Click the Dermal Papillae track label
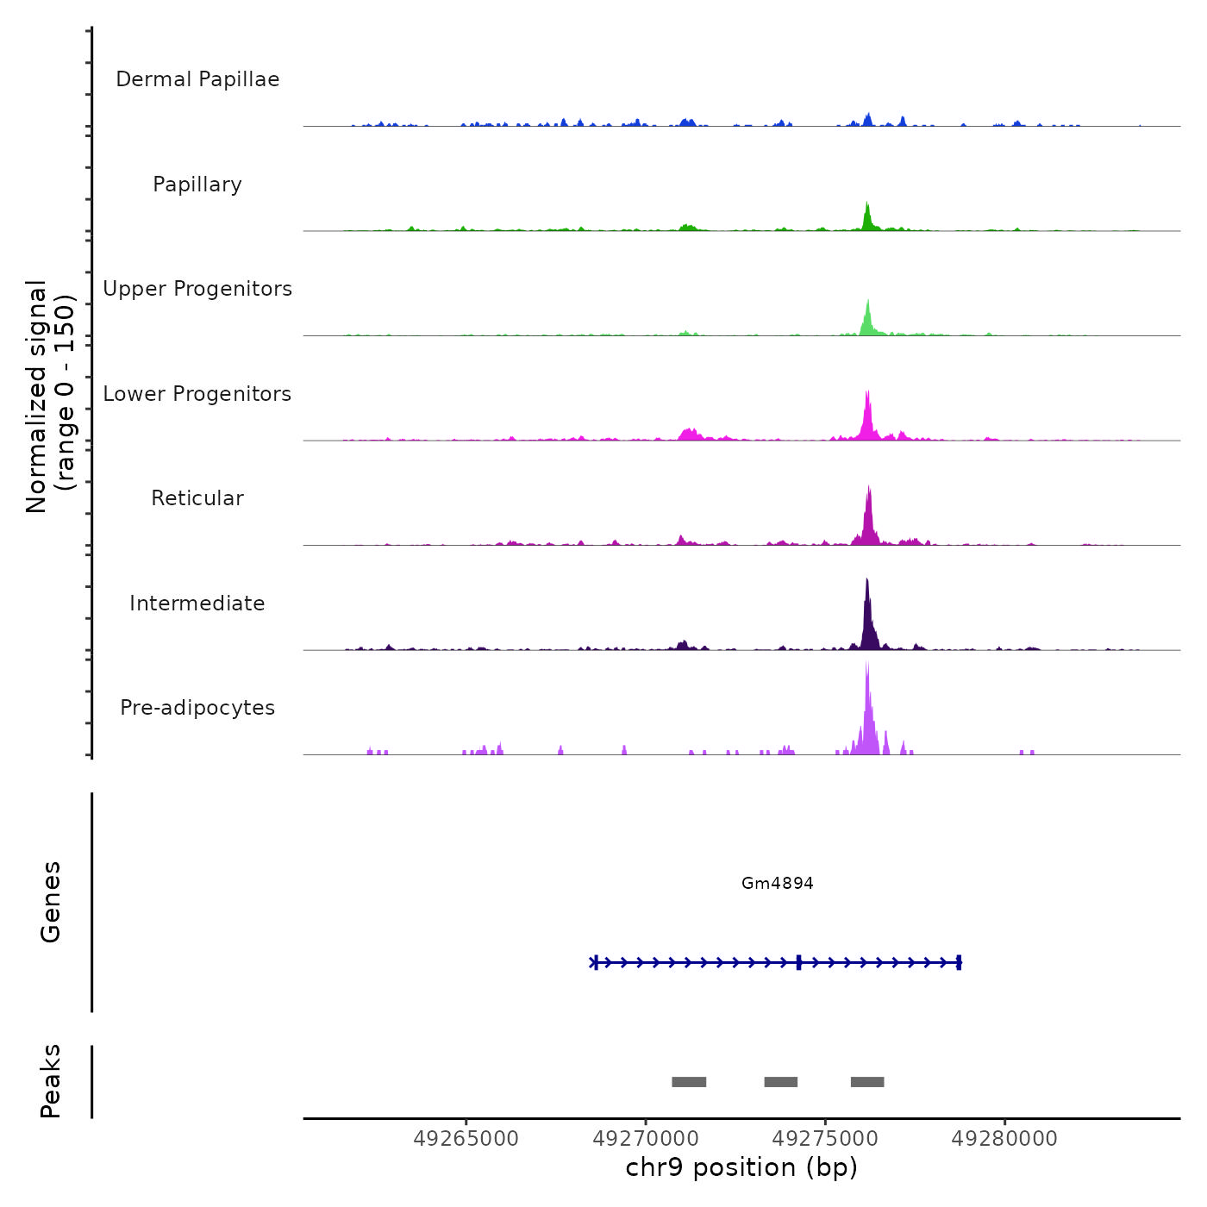(x=197, y=79)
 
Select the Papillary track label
(x=197, y=184)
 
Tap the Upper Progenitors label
(x=197, y=289)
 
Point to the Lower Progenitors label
(x=197, y=394)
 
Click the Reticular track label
(x=197, y=498)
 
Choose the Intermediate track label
(x=197, y=603)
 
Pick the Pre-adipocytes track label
(x=197, y=708)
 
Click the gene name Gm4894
(x=777, y=883)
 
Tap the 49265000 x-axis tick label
(x=466, y=1139)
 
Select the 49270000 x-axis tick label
(x=646, y=1139)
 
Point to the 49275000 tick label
(x=825, y=1139)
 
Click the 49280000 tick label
(x=1004, y=1139)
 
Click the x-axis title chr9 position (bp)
(x=741, y=1167)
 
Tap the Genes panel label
(x=50, y=901)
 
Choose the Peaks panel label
(x=50, y=1081)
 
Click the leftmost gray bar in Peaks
(x=689, y=1082)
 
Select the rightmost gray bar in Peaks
(x=867, y=1082)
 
